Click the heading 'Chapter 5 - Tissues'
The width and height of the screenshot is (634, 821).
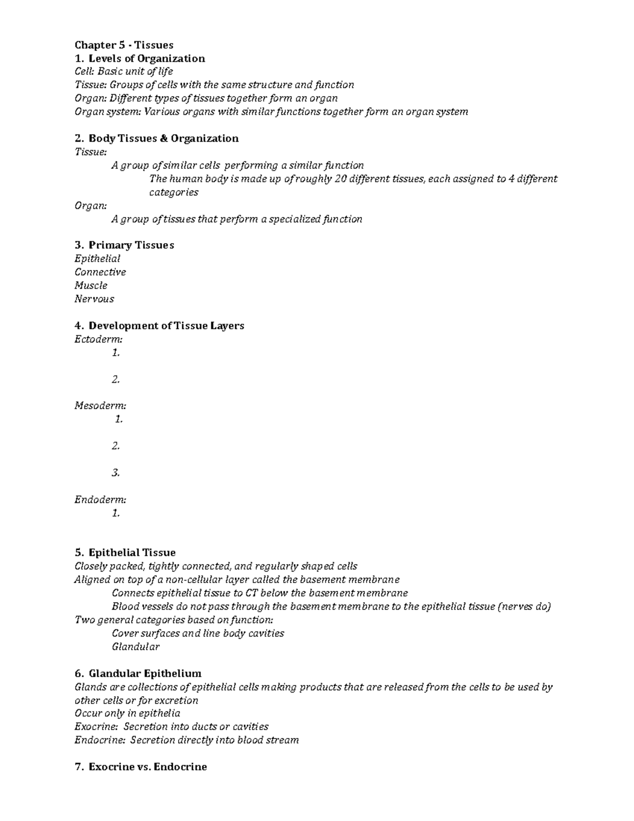tap(124, 45)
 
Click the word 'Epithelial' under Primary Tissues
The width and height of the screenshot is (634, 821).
tap(97, 259)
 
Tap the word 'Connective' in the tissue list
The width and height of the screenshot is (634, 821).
tap(100, 272)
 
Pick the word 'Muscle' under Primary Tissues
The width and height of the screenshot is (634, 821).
tap(91, 285)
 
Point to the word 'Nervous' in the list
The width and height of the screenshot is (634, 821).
tap(94, 299)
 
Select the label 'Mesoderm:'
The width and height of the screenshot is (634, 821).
tap(100, 406)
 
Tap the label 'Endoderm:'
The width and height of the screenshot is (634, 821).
tap(100, 500)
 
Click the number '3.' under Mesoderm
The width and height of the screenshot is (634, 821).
tap(116, 473)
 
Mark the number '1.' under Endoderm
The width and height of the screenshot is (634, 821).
tap(116, 513)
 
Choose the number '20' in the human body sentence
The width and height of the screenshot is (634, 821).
tap(341, 179)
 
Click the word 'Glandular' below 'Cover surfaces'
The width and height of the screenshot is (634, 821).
tap(136, 647)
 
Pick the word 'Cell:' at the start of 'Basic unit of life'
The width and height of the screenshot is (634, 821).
tap(85, 71)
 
